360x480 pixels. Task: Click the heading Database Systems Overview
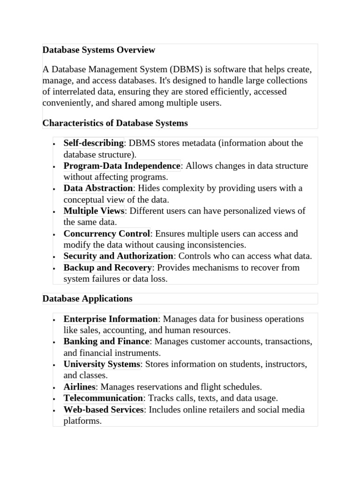coord(98,50)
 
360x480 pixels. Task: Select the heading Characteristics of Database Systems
coord(115,123)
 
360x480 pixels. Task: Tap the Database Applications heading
coord(87,299)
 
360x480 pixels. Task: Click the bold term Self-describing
coord(93,143)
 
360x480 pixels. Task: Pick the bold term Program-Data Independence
coord(122,165)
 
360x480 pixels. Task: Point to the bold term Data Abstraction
coord(98,188)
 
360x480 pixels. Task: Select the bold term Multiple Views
coord(94,211)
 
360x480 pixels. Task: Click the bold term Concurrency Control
coord(107,233)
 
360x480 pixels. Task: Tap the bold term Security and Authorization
coord(118,256)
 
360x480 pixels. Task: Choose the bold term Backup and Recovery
coord(108,268)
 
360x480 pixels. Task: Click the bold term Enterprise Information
coord(111,319)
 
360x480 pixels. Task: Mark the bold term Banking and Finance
coord(106,341)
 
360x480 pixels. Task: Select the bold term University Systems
coord(102,364)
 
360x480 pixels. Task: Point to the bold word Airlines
coord(79,387)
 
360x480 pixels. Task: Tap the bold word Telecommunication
coord(103,398)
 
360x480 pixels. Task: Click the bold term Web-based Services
coord(104,410)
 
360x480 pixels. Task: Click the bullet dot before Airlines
coord(54,388)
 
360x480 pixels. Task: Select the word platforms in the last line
coord(82,421)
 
